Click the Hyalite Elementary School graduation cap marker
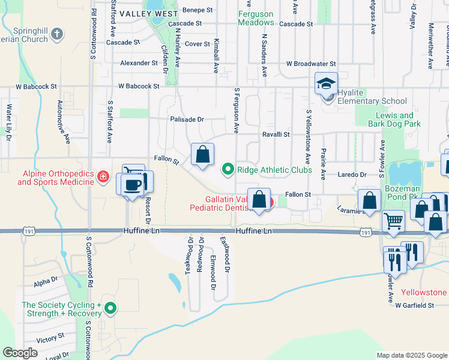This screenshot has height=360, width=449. click(327, 83)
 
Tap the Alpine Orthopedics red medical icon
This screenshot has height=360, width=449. click(103, 176)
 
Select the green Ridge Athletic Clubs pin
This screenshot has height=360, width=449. click(228, 170)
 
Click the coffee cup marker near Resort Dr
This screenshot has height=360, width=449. click(132, 184)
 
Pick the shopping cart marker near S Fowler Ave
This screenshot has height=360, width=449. click(393, 220)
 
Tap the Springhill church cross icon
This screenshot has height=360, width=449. click(57, 34)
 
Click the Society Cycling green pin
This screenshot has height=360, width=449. click(110, 309)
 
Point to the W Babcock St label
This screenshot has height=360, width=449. click(139, 86)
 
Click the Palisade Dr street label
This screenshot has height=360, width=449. click(187, 119)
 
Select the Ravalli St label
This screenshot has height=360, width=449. click(276, 135)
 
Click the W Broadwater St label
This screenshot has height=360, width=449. click(311, 64)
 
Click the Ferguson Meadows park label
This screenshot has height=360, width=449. click(256, 18)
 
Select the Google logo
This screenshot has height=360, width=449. click(20, 353)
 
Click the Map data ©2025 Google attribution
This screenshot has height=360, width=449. click(411, 355)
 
